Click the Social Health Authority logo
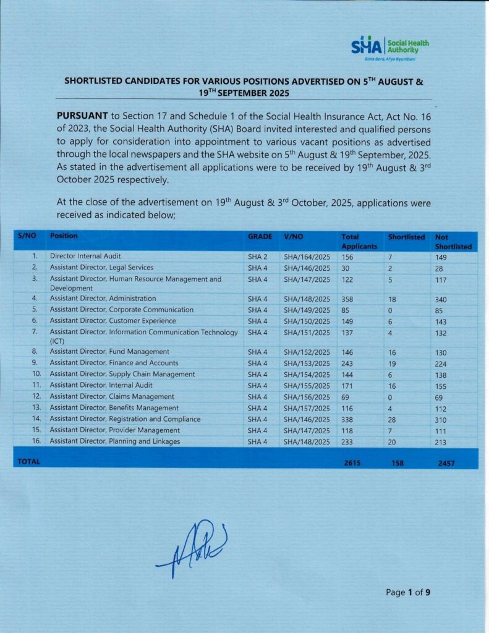point(389,46)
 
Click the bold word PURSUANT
point(82,116)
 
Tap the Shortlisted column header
point(406,237)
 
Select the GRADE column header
point(260,237)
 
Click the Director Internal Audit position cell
point(85,256)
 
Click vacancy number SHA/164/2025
point(307,256)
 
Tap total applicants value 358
point(349,299)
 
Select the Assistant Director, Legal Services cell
point(101,268)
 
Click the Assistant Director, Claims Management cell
point(112,397)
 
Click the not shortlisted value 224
point(441,363)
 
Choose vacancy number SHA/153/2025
point(307,363)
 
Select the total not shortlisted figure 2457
point(445,463)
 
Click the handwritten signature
point(192,544)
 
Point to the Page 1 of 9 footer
point(407,592)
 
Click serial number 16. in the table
point(36,441)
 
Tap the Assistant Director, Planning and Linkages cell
point(115,441)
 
